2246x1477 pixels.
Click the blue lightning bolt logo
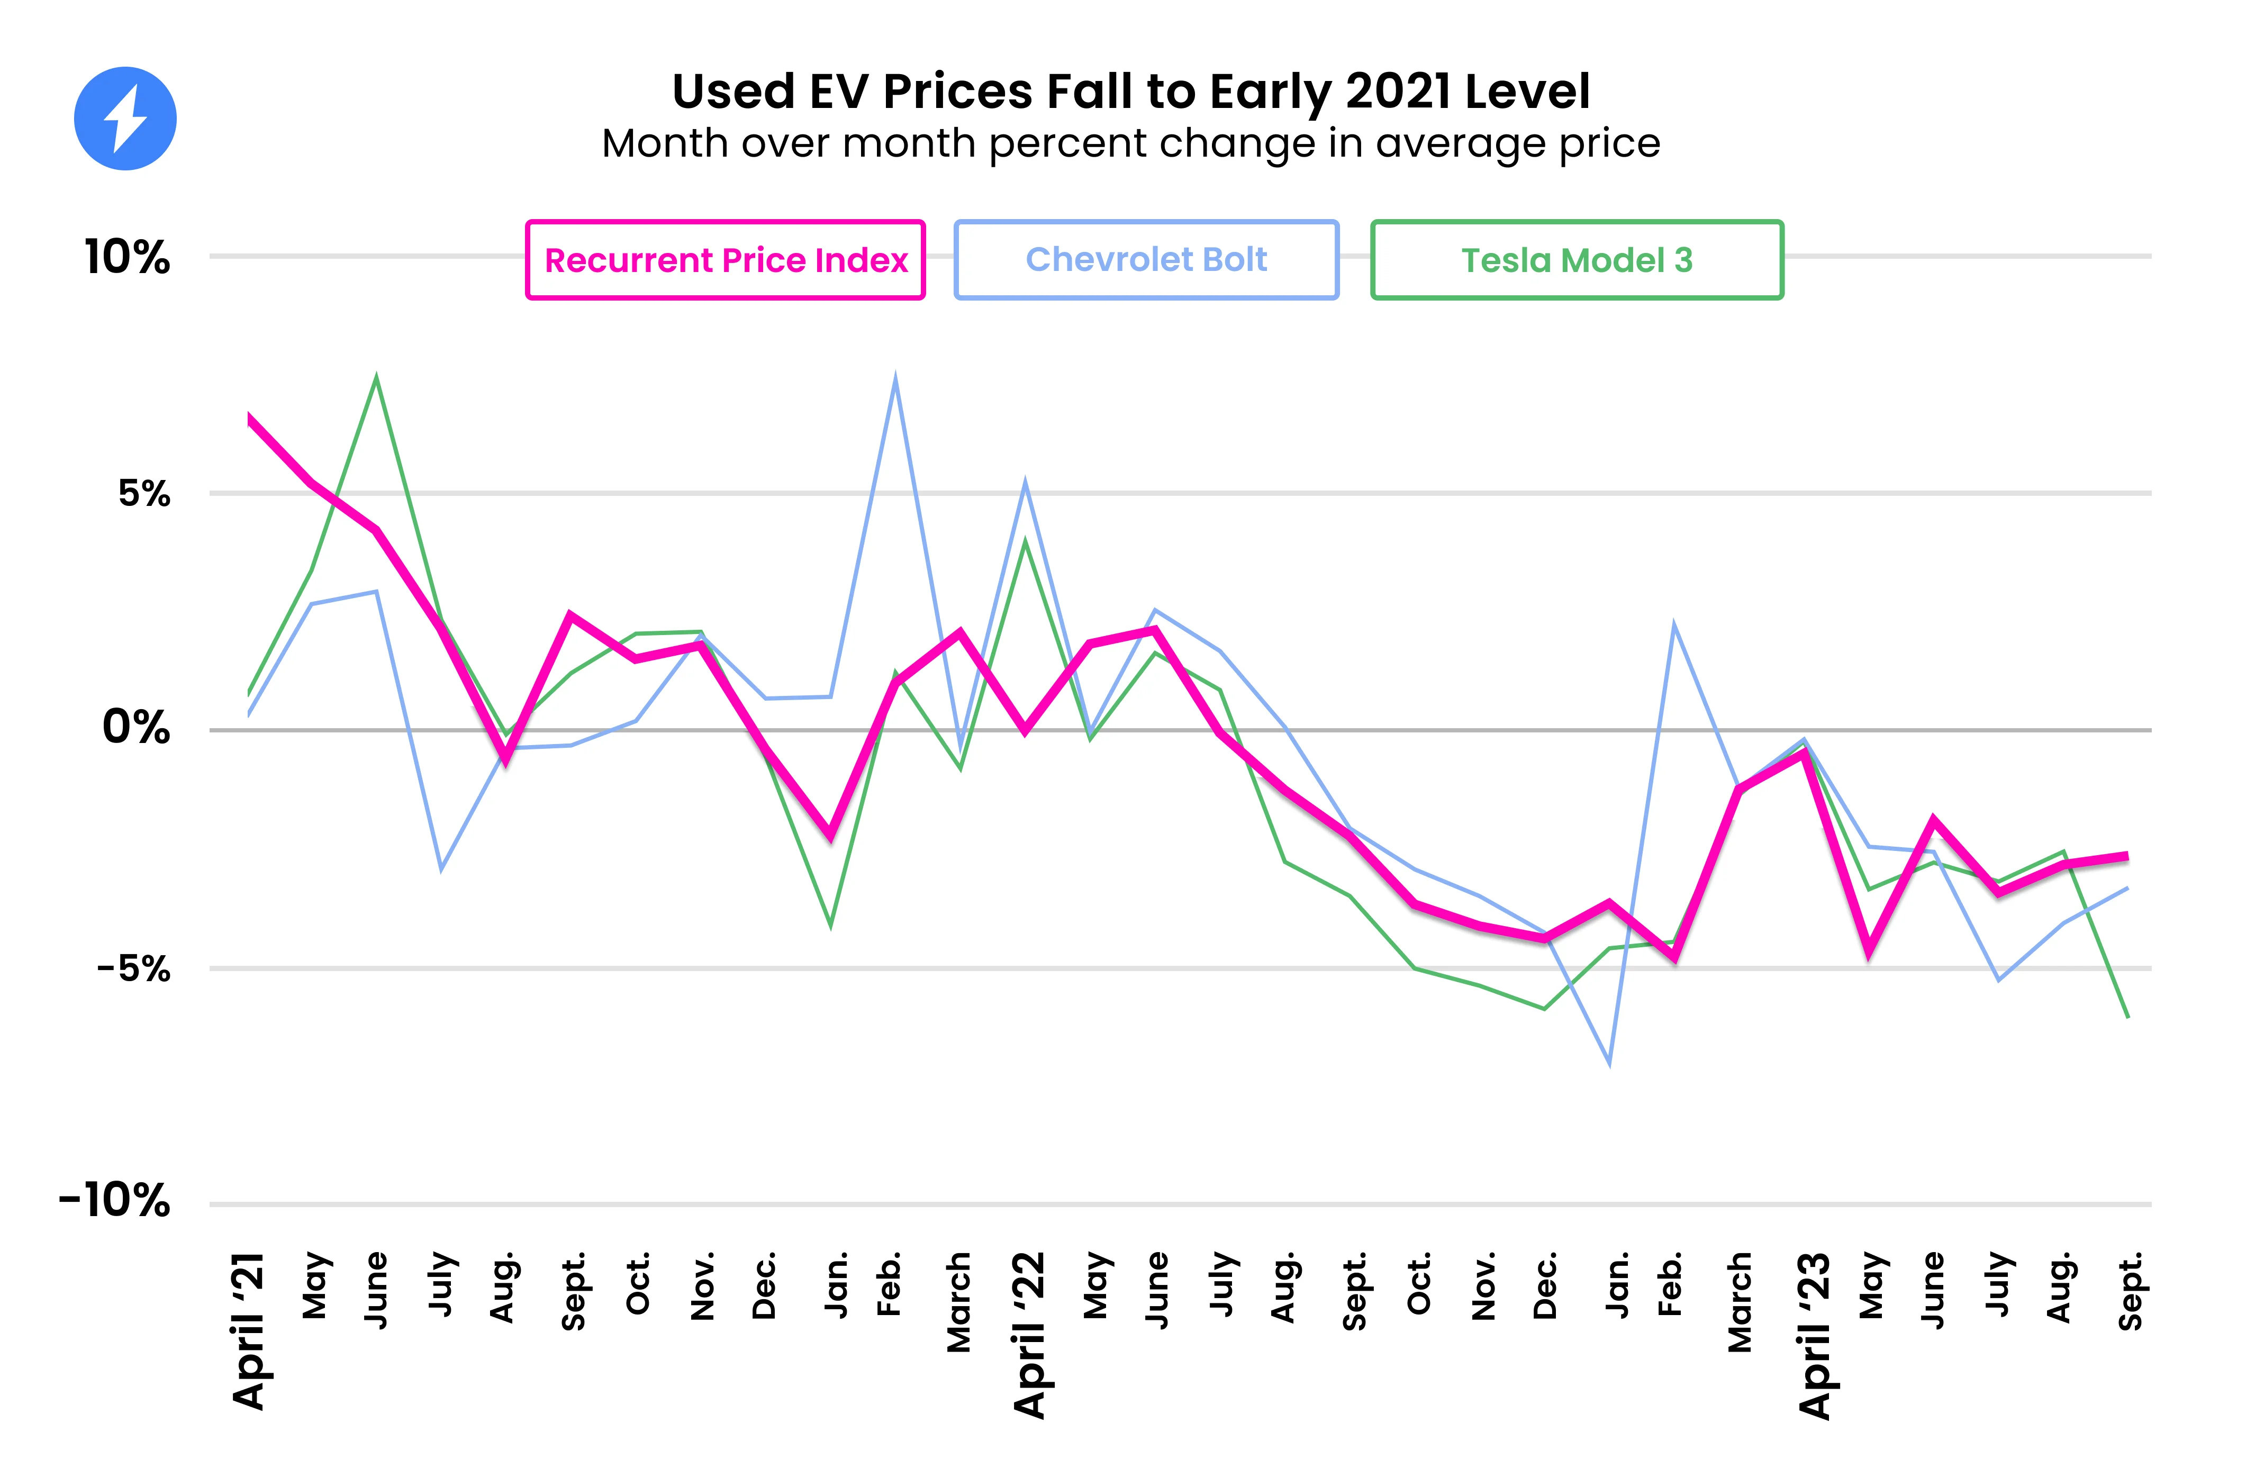pos(125,119)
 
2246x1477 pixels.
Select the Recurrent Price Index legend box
pos(724,259)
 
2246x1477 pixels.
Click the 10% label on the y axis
pos(128,257)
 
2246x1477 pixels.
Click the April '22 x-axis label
pos(1029,1335)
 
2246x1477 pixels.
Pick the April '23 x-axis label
pos(1814,1335)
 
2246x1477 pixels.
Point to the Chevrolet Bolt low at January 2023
pos(1609,1064)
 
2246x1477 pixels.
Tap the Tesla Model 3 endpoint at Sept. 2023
pos(2128,1017)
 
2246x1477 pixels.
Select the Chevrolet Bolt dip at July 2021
pos(441,869)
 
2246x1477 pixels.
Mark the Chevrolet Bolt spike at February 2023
pos(1673,625)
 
